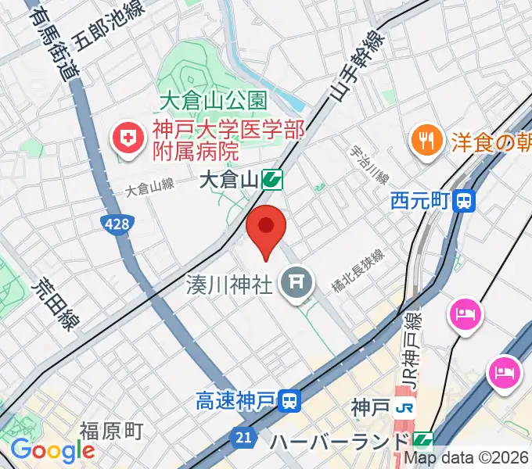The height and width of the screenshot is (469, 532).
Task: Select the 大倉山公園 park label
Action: (213, 101)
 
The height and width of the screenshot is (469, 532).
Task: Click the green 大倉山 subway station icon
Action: (272, 181)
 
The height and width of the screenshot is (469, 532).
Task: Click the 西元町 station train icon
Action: (465, 201)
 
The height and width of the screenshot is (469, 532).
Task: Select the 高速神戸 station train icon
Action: (290, 402)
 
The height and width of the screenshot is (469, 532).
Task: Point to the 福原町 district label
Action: (110, 431)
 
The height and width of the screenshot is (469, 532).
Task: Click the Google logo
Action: (52, 450)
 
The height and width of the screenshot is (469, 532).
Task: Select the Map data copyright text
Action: (466, 460)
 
